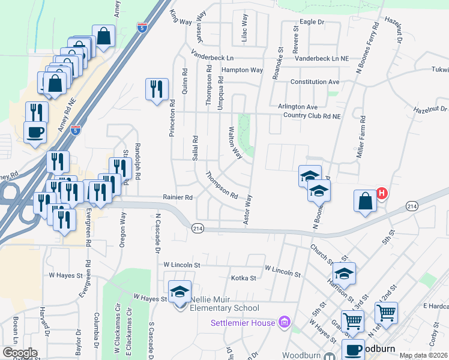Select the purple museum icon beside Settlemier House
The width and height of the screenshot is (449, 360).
click(x=285, y=323)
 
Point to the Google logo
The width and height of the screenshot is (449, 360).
click(x=20, y=353)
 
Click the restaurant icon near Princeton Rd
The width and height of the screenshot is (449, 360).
click(x=157, y=90)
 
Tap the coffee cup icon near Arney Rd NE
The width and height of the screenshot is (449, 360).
click(x=35, y=131)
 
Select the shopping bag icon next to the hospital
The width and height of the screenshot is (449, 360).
click(x=365, y=201)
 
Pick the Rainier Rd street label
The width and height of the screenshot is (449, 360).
click(x=177, y=197)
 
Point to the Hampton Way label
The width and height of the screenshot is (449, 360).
click(x=242, y=70)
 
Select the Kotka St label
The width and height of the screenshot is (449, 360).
click(x=244, y=278)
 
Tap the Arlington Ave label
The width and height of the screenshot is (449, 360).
click(x=298, y=106)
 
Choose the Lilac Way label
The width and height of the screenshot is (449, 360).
click(x=244, y=29)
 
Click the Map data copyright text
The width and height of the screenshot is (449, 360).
click(x=424, y=355)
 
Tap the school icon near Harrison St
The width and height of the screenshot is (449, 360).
click(x=344, y=274)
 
